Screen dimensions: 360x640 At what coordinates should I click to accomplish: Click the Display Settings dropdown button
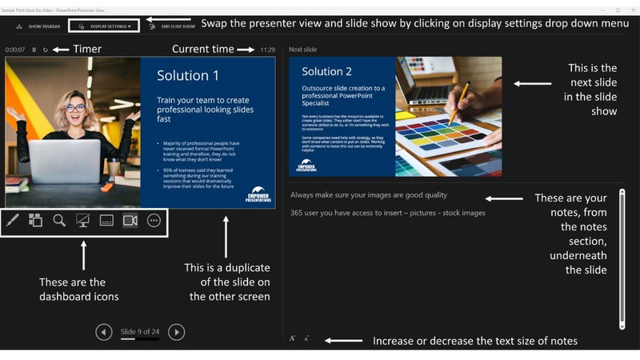coord(105,26)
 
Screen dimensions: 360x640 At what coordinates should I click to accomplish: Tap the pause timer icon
coord(34,50)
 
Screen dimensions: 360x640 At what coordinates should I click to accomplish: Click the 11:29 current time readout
coord(267,50)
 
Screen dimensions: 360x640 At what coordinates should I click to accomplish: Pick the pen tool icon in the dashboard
coord(13,221)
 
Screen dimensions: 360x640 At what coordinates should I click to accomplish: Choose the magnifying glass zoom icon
coord(59,221)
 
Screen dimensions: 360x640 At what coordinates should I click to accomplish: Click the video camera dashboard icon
coord(130,221)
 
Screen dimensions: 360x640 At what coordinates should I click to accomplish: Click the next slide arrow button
coord(178,331)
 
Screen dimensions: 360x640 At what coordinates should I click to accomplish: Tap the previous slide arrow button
coord(104,331)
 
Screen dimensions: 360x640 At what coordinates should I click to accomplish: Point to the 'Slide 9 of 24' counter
coord(141,331)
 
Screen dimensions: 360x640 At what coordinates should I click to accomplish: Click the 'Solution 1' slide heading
coord(188,76)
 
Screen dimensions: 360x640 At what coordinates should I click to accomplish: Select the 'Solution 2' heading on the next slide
coord(327,71)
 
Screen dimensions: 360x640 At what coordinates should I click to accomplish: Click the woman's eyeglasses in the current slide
coord(74,107)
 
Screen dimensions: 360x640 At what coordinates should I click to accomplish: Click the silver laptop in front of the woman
coord(65,161)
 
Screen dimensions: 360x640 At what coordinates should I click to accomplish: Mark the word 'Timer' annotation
coord(87,50)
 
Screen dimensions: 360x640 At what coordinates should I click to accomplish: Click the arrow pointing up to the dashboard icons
coord(83,257)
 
